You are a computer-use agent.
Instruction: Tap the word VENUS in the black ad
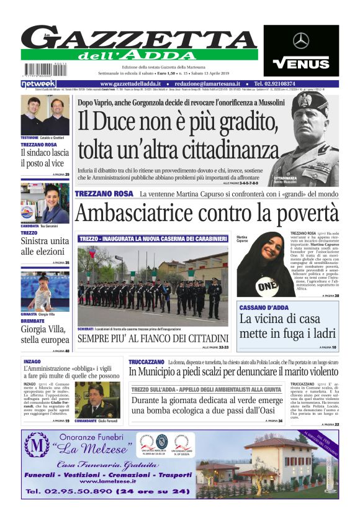pos(301,63)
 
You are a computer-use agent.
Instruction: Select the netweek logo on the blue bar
pos(38,83)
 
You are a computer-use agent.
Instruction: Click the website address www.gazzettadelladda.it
pos(132,83)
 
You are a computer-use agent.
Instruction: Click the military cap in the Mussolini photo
pos(308,106)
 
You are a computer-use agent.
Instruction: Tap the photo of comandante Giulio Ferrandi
pos(97,399)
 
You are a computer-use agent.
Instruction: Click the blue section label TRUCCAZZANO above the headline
pos(146,362)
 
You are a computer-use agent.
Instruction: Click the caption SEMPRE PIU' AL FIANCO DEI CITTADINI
pos(153,339)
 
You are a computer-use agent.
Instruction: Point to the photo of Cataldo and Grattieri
pos(45,115)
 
